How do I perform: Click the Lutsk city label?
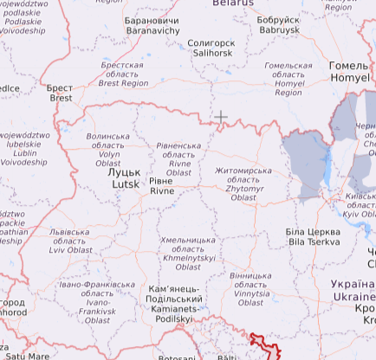point(118,178)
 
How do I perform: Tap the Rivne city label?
point(162,186)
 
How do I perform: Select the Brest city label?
point(61,93)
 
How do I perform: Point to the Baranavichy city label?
point(152,24)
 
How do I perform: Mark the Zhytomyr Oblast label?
point(243,184)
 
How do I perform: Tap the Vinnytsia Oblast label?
point(250,290)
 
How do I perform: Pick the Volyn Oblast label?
point(108,148)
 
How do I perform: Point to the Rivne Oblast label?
point(179,159)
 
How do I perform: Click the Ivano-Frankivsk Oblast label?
point(97,302)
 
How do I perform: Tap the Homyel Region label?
point(288,74)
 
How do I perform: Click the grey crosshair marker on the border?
point(221,117)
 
